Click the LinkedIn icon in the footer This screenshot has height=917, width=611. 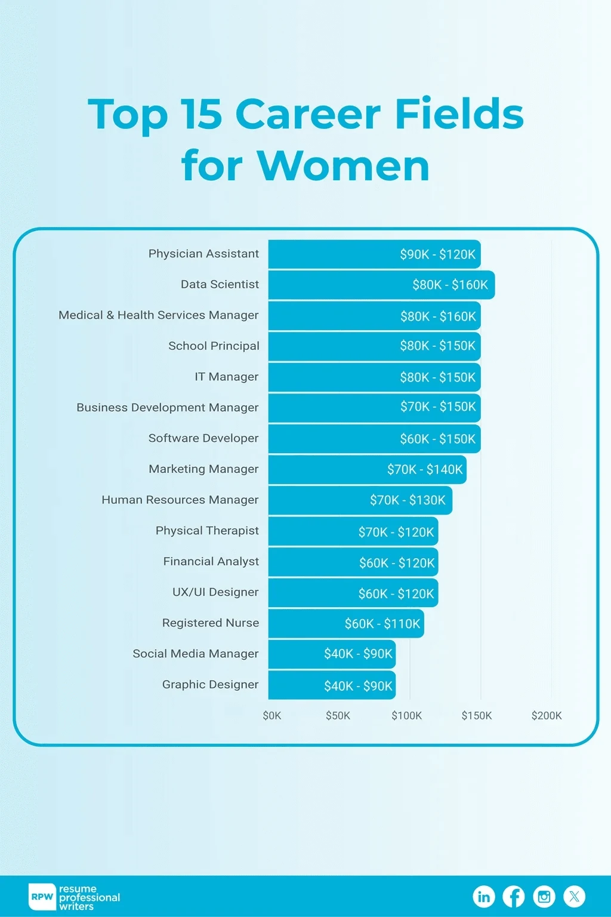click(x=484, y=896)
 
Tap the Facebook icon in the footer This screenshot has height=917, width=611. click(x=514, y=896)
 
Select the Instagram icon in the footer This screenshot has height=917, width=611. click(x=544, y=896)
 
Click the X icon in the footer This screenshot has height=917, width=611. click(x=574, y=896)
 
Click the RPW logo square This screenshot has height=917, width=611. click(x=42, y=897)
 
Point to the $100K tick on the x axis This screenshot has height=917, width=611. click(x=406, y=715)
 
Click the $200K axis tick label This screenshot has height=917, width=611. click(x=547, y=715)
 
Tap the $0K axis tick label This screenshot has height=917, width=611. click(x=272, y=715)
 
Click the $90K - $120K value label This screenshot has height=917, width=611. click(x=437, y=254)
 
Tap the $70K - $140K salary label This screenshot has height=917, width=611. click(x=425, y=469)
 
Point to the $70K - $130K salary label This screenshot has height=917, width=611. click(x=408, y=500)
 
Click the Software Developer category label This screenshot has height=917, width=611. click(x=203, y=438)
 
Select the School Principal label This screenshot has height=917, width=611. click(x=214, y=346)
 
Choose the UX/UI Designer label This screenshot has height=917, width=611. click(x=215, y=592)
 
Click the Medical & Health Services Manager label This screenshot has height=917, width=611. click(x=159, y=315)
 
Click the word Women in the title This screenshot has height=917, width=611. click(x=343, y=165)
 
